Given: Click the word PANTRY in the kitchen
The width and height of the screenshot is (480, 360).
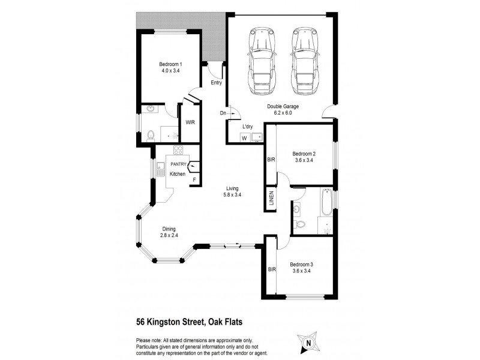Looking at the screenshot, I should coord(178,164).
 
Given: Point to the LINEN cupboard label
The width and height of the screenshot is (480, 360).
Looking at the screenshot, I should coord(271,198).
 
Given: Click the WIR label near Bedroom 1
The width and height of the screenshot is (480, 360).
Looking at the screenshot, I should coord(190,122).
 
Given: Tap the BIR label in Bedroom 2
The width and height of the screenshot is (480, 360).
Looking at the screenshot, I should coord(270,160).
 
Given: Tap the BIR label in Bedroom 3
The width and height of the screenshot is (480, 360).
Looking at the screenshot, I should coord(271,269).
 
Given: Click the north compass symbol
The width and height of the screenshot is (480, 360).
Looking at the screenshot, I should coord(308,343).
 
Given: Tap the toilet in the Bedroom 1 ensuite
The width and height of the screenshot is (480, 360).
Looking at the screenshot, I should coord(151,134).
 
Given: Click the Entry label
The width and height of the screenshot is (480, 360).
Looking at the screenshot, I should coord(216,83).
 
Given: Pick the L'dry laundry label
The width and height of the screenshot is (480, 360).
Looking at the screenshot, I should coord(247,127).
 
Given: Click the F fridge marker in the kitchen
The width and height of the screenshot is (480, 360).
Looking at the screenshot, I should coord(193,179).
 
